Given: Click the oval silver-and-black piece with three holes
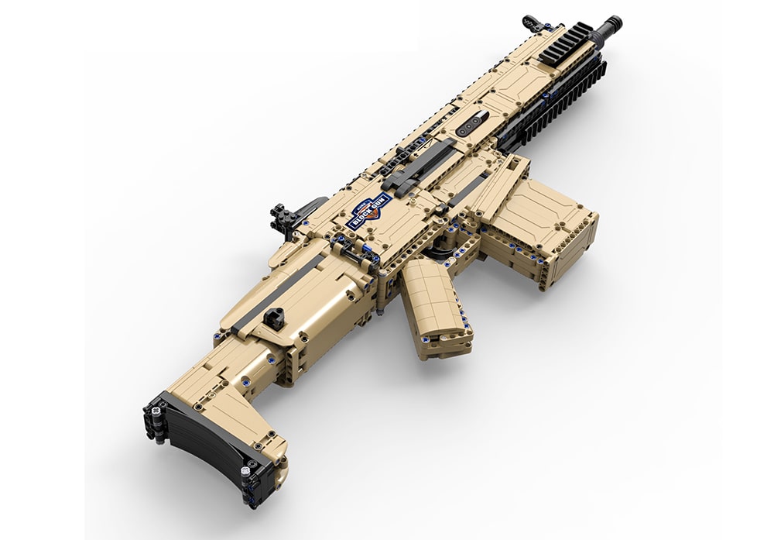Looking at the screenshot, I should click(471, 125).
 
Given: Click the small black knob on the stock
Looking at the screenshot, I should click(273, 318).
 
